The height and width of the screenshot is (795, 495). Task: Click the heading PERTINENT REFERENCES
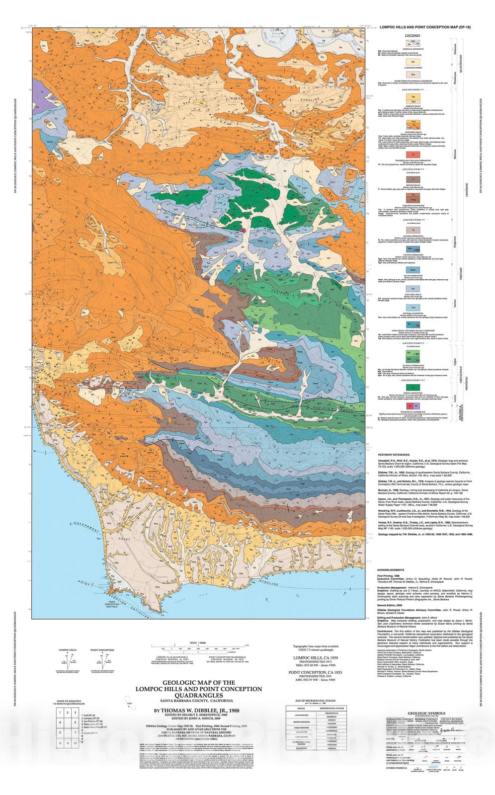394,455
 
